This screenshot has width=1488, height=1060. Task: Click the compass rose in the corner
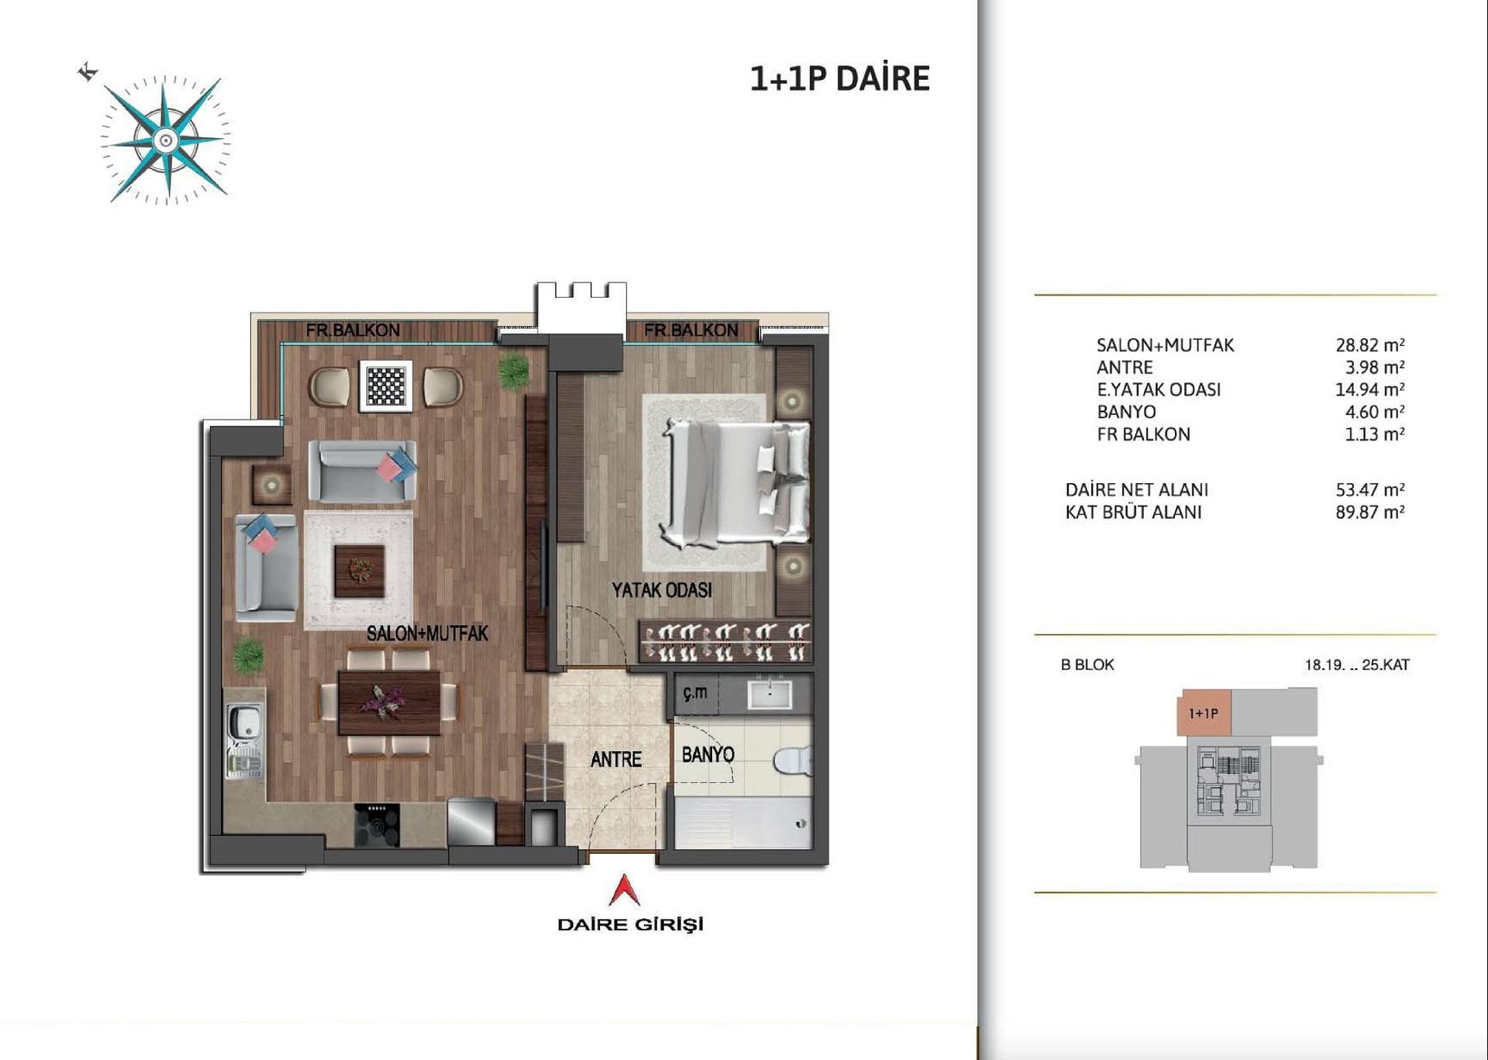tap(165, 140)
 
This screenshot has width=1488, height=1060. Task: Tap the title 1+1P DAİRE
tap(839, 79)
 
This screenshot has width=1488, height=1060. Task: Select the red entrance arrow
tap(624, 890)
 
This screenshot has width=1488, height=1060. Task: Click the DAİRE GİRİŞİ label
tap(630, 924)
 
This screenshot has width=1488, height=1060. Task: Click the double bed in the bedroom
tap(735, 481)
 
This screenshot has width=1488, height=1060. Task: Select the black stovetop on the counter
tap(377, 824)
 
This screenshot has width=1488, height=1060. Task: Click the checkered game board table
tap(386, 385)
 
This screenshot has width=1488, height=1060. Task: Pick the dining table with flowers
tap(389, 702)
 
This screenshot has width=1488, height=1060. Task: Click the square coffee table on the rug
tap(359, 571)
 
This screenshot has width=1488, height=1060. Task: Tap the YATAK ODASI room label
tap(662, 591)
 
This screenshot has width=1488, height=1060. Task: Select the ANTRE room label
tap(616, 759)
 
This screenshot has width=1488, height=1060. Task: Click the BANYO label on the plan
tap(708, 754)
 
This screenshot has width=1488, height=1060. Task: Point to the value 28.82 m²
tap(1369, 345)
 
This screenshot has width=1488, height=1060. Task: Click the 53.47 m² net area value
tap(1369, 490)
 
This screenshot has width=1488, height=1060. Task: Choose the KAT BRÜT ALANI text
tap(1133, 513)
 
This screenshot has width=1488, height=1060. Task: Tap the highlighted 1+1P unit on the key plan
tap(1204, 713)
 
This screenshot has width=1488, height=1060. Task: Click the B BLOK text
tap(1087, 665)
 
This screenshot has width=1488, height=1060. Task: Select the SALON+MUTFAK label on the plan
tap(427, 634)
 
